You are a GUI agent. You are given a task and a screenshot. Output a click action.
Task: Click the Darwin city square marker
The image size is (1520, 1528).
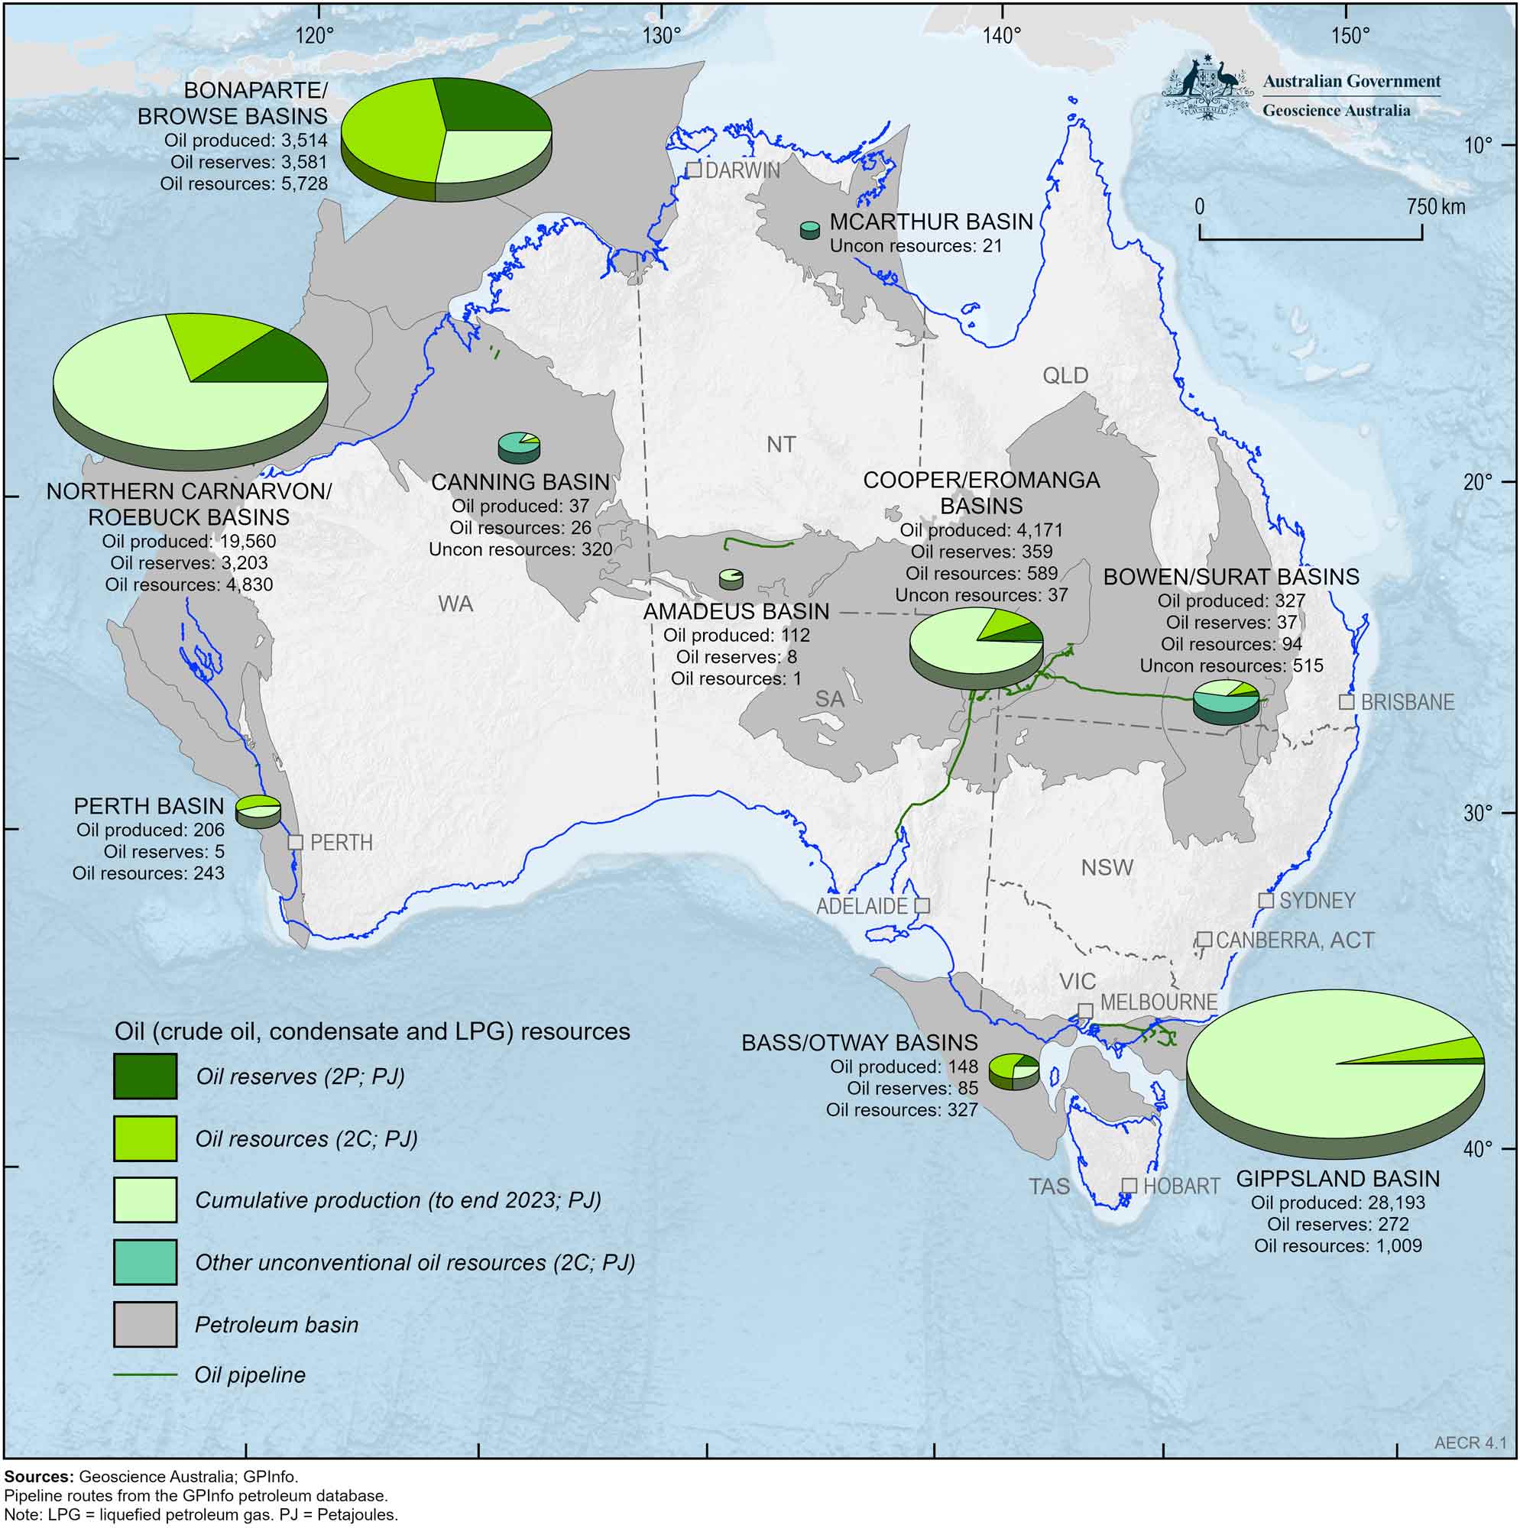click(694, 170)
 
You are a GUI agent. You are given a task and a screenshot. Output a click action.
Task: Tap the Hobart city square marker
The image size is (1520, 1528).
click(1130, 1186)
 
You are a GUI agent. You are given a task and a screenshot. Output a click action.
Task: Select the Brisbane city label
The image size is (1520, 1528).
click(1408, 702)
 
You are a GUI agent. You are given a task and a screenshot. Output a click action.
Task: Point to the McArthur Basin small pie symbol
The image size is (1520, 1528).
click(809, 230)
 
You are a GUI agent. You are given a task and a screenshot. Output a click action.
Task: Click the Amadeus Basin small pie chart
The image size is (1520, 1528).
click(731, 579)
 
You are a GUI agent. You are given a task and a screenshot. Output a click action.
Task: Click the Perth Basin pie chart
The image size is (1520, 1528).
click(258, 810)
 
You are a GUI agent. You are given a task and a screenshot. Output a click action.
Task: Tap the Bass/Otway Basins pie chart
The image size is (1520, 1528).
click(1013, 1070)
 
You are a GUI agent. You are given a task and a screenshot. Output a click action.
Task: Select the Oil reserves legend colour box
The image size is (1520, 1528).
click(144, 1076)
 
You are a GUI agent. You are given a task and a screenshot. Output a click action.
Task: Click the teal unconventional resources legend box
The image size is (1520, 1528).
click(144, 1262)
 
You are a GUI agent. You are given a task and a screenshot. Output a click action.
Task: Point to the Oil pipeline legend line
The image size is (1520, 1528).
click(144, 1375)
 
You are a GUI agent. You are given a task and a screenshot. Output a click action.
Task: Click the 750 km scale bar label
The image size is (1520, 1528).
click(1435, 207)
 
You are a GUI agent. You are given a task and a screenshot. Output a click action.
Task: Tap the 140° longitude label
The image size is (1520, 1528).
click(1003, 36)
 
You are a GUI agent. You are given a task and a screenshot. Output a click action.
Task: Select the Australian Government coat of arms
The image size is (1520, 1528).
click(1206, 87)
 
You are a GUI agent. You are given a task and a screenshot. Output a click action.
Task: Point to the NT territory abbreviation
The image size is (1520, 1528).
click(781, 445)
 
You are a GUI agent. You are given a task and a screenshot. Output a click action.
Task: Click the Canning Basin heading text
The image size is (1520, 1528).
click(520, 481)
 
